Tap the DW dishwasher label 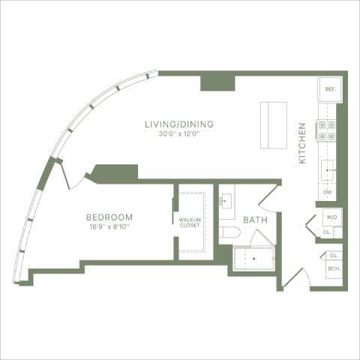tap(327, 192)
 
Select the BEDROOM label tap(109, 217)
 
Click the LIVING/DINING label tap(180, 124)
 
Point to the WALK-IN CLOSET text tap(189, 223)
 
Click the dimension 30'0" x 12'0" tap(180, 134)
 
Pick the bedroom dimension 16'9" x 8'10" tap(109, 226)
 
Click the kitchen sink tap(328, 171)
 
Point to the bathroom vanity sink tap(226, 202)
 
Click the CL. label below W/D tap(327, 233)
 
